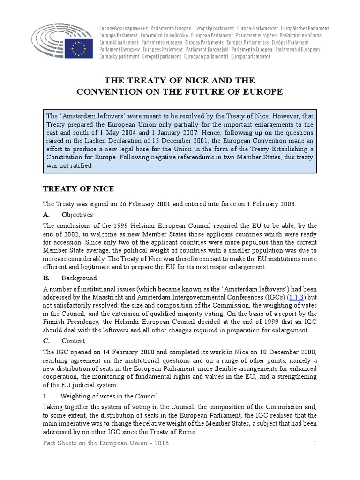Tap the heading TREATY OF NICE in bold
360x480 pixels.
(x=78, y=189)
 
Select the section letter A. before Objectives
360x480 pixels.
(x=46, y=215)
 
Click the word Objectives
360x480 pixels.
(x=77, y=215)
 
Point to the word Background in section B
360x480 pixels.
(x=79, y=278)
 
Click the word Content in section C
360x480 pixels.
(x=74, y=341)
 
